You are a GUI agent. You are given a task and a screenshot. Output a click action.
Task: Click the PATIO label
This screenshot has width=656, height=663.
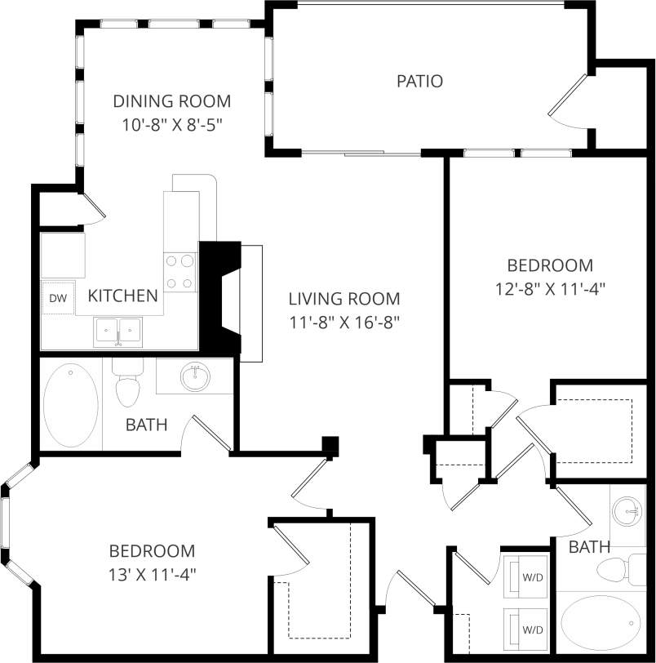[419, 81]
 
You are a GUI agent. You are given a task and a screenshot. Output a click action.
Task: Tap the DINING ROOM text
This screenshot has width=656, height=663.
[171, 101]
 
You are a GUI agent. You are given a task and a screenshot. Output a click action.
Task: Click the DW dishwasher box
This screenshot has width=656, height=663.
[58, 299]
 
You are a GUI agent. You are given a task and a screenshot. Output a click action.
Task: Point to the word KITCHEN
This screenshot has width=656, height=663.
[122, 296]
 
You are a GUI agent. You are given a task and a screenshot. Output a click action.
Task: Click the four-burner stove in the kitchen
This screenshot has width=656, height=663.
[180, 272]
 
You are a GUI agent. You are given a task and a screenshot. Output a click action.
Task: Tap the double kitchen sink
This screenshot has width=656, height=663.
[119, 331]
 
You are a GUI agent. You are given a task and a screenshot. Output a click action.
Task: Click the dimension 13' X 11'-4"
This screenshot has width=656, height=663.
[153, 573]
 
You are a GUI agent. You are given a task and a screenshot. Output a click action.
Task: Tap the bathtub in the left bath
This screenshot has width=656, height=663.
[70, 405]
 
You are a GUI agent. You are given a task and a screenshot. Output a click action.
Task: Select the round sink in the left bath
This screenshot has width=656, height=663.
[195, 376]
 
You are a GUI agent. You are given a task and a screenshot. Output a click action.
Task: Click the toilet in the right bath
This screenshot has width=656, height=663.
[619, 567]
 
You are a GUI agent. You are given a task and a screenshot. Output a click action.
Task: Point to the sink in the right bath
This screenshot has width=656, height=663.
[630, 512]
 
